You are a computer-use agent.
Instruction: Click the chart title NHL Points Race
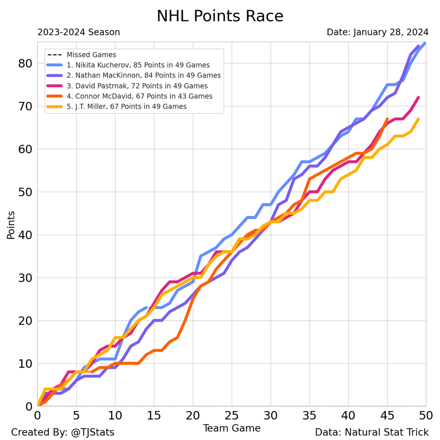click(220, 16)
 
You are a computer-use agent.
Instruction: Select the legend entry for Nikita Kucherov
click(138, 65)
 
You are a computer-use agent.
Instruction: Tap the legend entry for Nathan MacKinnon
click(143, 76)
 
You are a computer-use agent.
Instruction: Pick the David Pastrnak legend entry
click(137, 86)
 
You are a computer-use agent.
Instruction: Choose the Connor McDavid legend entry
click(139, 97)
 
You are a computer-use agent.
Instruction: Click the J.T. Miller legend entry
click(126, 107)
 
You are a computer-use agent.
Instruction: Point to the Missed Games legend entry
click(91, 55)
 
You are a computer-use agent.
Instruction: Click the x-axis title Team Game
click(231, 428)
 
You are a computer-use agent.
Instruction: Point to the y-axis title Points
click(11, 224)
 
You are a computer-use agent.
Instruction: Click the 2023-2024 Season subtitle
click(79, 33)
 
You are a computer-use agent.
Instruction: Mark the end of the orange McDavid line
click(387, 119)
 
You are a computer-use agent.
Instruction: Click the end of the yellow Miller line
click(418, 119)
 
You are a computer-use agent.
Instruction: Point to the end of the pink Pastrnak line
click(418, 98)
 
